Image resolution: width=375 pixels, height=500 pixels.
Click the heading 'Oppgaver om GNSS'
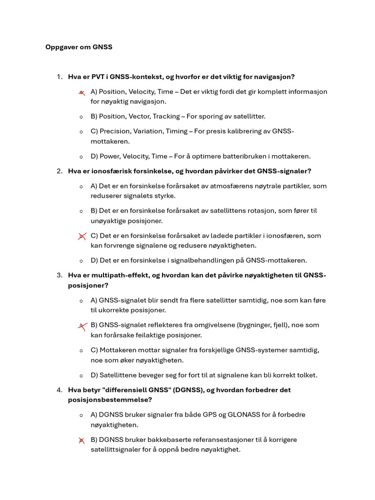coord(79,47)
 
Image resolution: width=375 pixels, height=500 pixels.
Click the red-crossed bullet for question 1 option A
coord(82,92)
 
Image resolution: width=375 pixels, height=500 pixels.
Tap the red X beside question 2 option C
coord(82,236)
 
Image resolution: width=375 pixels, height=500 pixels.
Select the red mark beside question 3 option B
coord(82,326)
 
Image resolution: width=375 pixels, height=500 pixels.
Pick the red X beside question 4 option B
coord(82,440)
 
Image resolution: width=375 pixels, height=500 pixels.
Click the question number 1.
coord(59,77)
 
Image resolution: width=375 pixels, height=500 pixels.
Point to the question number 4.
coord(59,390)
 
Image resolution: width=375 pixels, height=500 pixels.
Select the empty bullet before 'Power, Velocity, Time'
coord(81,157)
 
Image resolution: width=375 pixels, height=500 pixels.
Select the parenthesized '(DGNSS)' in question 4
coord(187,390)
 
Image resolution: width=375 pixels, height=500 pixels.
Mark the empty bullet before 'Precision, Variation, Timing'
coord(81,132)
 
